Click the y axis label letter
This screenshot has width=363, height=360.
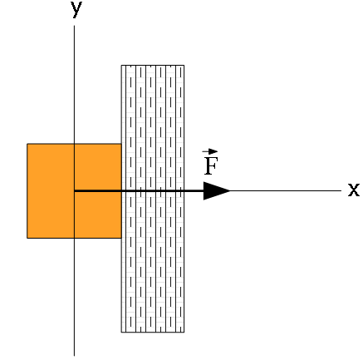click(x=76, y=10)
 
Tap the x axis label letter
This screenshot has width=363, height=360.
click(x=354, y=190)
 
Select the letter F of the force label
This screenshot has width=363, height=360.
click(x=211, y=165)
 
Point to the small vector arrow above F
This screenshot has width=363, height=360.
click(x=210, y=151)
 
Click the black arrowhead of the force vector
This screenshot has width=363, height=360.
click(x=217, y=190)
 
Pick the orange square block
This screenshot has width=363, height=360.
click(x=74, y=190)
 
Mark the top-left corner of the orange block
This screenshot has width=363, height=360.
click(x=27, y=144)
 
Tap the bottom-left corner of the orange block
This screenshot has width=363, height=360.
click(x=27, y=238)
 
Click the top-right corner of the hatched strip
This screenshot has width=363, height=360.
click(x=184, y=65)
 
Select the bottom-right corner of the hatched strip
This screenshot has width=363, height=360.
click(x=184, y=332)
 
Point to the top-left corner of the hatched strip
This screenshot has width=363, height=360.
click(x=121, y=65)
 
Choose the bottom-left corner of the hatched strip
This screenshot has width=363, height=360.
click(x=121, y=332)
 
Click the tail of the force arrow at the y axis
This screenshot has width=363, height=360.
click(x=74, y=190)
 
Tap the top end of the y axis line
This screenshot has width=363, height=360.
click(x=74, y=26)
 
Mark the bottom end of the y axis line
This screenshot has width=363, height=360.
click(x=74, y=356)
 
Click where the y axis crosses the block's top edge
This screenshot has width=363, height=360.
click(x=74, y=144)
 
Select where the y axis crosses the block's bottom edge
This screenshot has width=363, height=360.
click(x=74, y=238)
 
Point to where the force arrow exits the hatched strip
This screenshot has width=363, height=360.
click(x=184, y=190)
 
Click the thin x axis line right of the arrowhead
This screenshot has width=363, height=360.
click(x=286, y=190)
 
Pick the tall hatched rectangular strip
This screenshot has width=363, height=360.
click(x=153, y=199)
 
